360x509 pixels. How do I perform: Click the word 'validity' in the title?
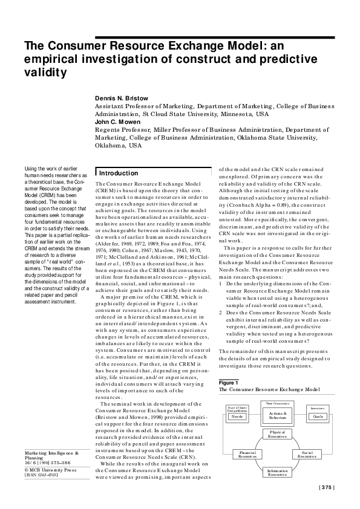point(44,73)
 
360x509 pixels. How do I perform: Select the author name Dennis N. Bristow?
point(122,98)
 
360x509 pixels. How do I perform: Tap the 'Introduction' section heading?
point(119,173)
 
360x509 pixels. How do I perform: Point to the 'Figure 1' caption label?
point(229,383)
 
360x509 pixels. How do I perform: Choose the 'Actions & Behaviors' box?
point(278,415)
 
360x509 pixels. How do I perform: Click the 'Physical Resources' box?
point(278,435)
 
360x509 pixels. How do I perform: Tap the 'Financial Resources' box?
point(230,454)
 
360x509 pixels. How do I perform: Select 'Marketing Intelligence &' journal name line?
point(51,468)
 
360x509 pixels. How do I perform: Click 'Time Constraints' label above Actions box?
point(278,403)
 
